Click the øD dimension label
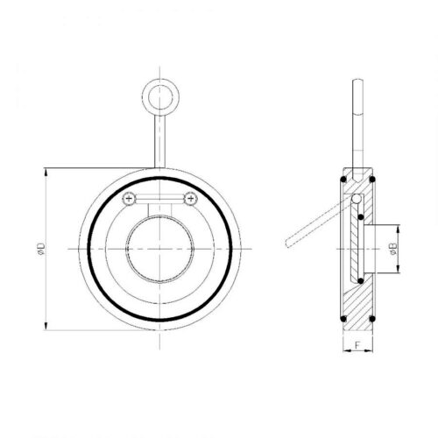[41, 250]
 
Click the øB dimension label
[394, 249]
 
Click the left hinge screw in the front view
[131, 200]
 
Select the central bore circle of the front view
[159, 249]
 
